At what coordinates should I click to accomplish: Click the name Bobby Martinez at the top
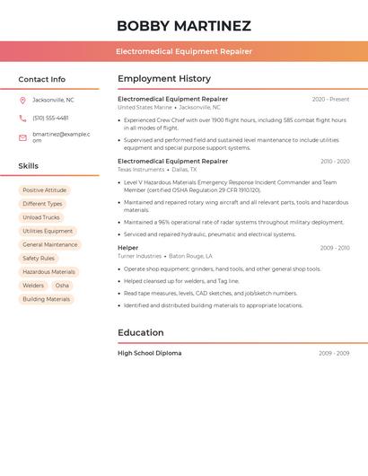[184, 26]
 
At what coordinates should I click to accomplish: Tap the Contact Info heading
[42, 79]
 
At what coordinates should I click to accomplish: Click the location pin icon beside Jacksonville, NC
[22, 100]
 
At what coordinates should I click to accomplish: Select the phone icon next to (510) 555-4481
[22, 118]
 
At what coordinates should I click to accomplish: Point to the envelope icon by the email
[22, 137]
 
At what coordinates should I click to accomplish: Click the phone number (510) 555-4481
[50, 118]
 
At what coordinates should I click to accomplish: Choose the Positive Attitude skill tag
[44, 190]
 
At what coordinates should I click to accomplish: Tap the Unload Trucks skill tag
[41, 217]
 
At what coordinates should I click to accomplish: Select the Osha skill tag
[62, 286]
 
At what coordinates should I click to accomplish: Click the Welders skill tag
[33, 286]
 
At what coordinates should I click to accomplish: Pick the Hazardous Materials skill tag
[48, 272]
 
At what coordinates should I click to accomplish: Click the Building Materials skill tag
[46, 299]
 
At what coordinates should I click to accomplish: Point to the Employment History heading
[164, 78]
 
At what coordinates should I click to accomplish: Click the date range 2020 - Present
[330, 99]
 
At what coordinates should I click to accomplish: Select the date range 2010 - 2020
[335, 162]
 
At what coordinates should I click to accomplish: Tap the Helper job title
[128, 248]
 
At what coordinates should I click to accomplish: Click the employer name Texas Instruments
[141, 170]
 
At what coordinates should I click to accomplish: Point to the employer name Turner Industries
[139, 256]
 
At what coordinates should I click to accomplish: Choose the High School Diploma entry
[149, 353]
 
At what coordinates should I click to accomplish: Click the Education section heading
[141, 332]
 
